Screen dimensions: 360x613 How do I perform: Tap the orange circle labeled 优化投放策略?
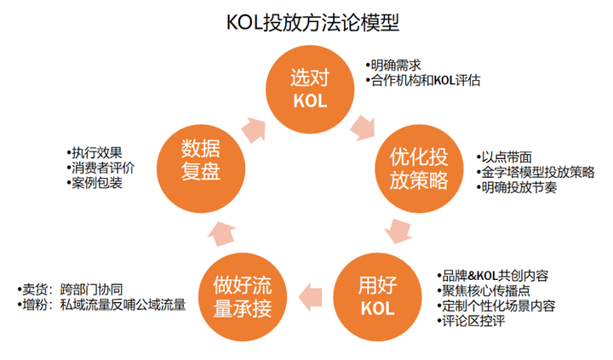click(419, 169)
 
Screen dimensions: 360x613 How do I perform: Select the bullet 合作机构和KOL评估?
click(426, 81)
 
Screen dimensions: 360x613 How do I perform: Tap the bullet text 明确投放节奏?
click(520, 187)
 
